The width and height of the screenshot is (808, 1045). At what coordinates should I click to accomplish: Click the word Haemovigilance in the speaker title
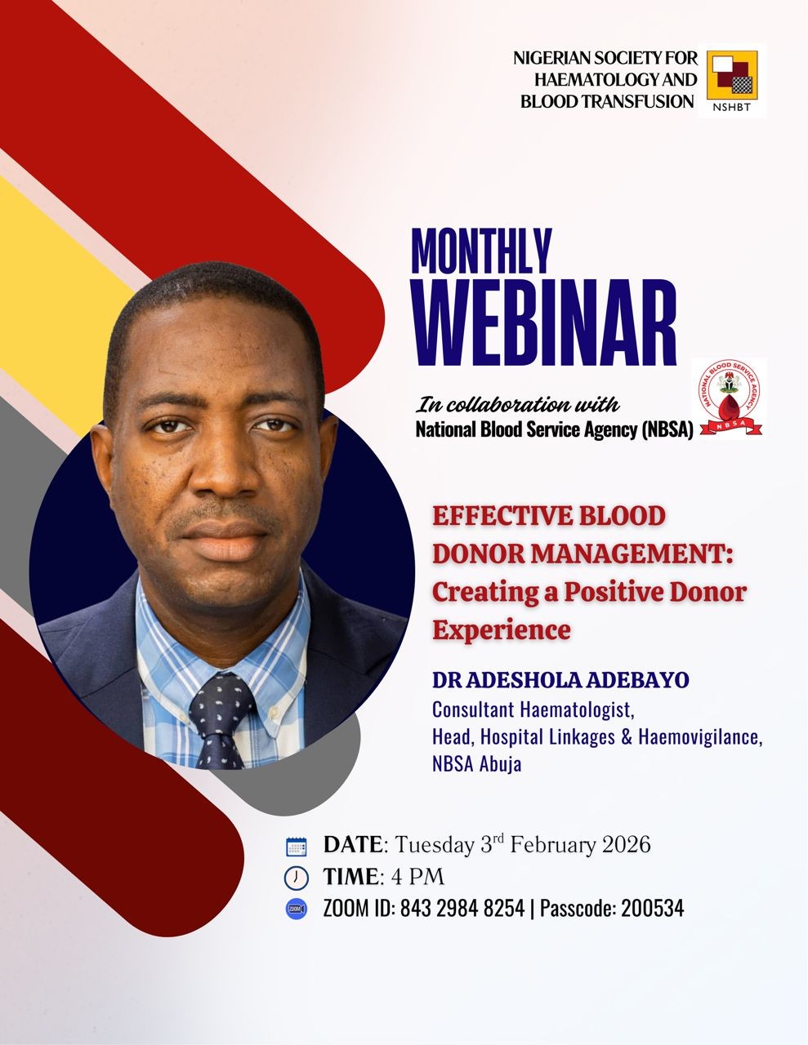(x=700, y=737)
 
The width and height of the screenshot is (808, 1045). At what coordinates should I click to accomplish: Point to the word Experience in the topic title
(x=502, y=630)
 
